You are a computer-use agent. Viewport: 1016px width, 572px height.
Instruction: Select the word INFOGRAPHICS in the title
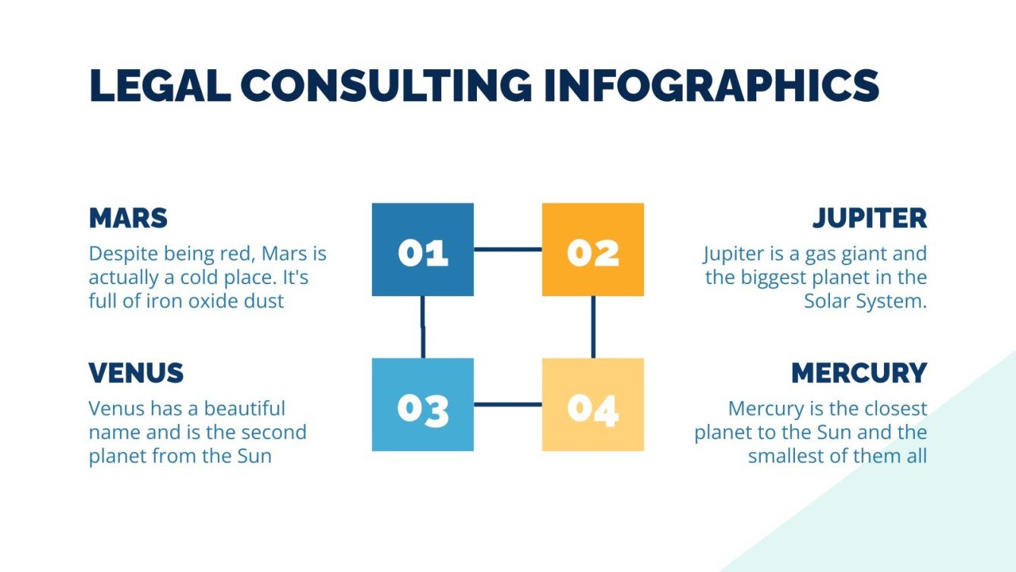coord(712,85)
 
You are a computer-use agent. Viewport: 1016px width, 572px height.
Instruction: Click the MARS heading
coord(128,218)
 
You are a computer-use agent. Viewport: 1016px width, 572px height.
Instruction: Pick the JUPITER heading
coord(869,218)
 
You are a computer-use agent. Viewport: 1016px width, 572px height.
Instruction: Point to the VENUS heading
coord(136,373)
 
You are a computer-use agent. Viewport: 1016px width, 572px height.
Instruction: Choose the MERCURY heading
coord(859,373)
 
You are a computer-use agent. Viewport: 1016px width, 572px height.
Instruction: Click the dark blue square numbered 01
coord(423,250)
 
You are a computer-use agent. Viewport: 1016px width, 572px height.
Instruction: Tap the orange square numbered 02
coord(593,250)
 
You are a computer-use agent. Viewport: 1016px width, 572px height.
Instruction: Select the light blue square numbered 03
coord(423,405)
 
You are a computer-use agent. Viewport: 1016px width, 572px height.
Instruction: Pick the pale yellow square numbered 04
coord(593,405)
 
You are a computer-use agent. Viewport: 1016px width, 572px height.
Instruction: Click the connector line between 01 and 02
coord(507,249)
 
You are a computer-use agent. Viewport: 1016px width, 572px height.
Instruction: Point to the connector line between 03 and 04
coord(507,404)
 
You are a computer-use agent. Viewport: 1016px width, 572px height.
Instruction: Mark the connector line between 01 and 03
coord(423,327)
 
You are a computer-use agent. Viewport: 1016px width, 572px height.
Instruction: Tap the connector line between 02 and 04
coord(593,327)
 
